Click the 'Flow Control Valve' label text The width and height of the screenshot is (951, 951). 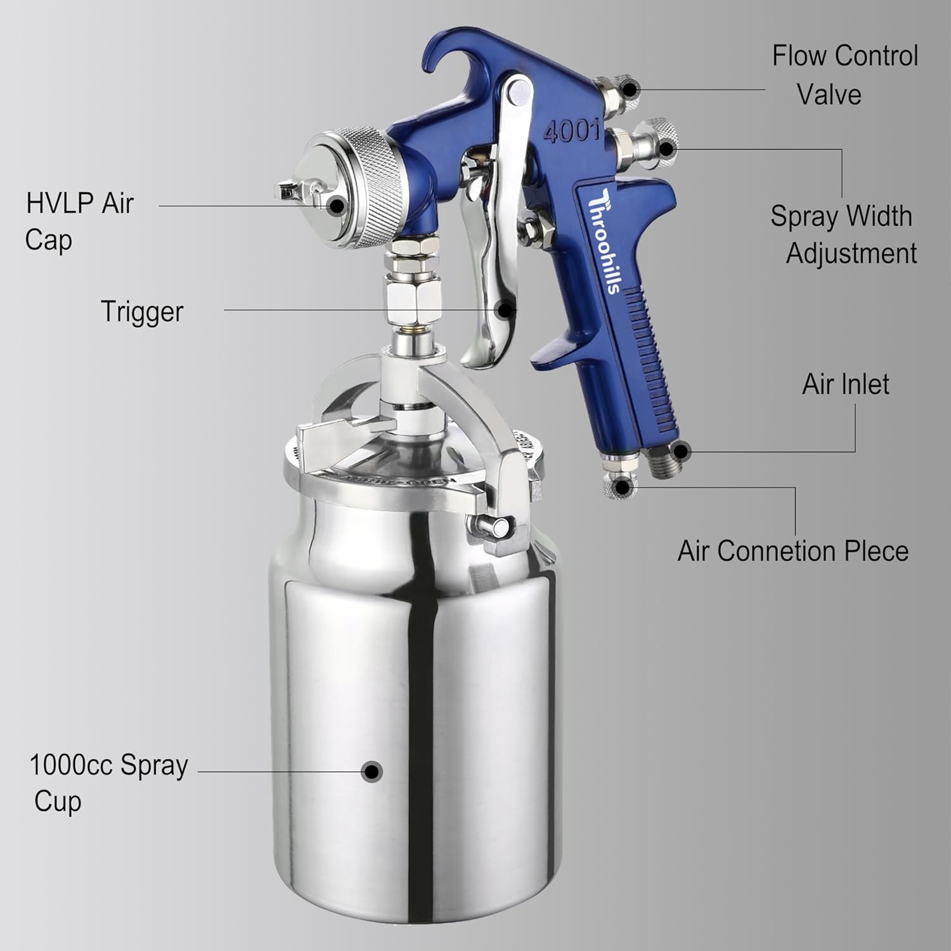point(844,75)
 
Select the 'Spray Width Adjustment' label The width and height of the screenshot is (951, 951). point(843,235)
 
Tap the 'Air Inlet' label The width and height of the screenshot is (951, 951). point(845,384)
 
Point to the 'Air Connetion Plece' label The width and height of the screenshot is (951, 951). point(792,551)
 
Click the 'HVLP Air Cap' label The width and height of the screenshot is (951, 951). point(79,221)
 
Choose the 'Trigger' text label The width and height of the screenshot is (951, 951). point(142,312)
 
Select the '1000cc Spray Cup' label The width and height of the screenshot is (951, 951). point(108,782)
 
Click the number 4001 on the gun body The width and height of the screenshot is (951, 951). point(571,131)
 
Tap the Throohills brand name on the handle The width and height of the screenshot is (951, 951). point(603,241)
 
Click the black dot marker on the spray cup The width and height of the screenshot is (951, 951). point(372,772)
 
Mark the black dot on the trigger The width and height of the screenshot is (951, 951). point(505,309)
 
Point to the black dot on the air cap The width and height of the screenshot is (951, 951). point(337,205)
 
